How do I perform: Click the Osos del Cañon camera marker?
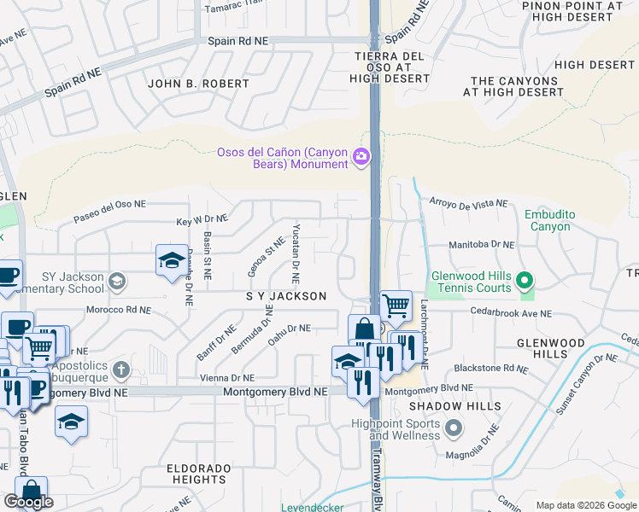point(361,155)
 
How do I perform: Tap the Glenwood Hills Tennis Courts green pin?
point(526,279)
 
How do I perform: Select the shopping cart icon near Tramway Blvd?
point(396,305)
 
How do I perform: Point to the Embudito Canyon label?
point(548,220)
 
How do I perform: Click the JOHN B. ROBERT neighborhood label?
point(198,84)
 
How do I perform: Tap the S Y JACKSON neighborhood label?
point(286,296)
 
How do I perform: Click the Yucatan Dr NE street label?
point(296,253)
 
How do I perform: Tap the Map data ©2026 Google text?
point(585,505)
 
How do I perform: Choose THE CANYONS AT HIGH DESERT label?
point(514,86)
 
